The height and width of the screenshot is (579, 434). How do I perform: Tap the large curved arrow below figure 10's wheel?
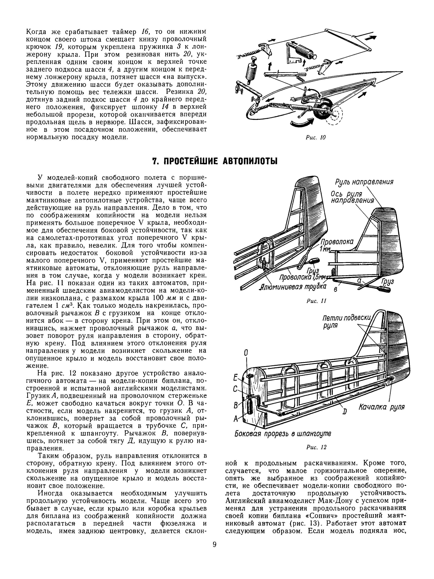(302, 123)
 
